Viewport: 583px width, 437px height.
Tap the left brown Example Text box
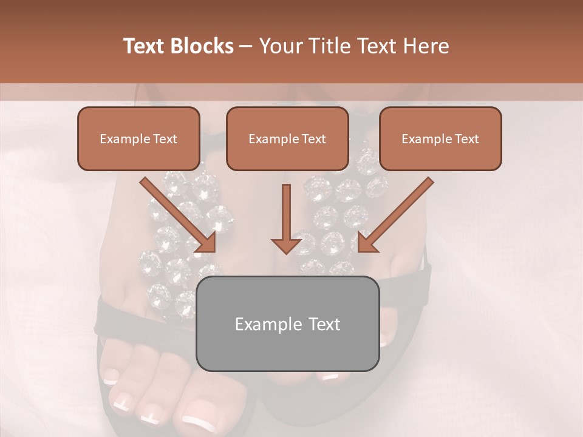point(138,138)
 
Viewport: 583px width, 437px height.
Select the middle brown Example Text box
point(287,138)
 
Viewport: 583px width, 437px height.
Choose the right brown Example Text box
point(440,138)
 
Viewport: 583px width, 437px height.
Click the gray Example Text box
point(287,324)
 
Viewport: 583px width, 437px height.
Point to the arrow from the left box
point(179,215)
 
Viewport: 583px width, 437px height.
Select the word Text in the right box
point(468,139)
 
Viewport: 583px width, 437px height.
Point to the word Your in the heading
point(279,46)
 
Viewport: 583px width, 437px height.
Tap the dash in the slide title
point(246,46)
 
